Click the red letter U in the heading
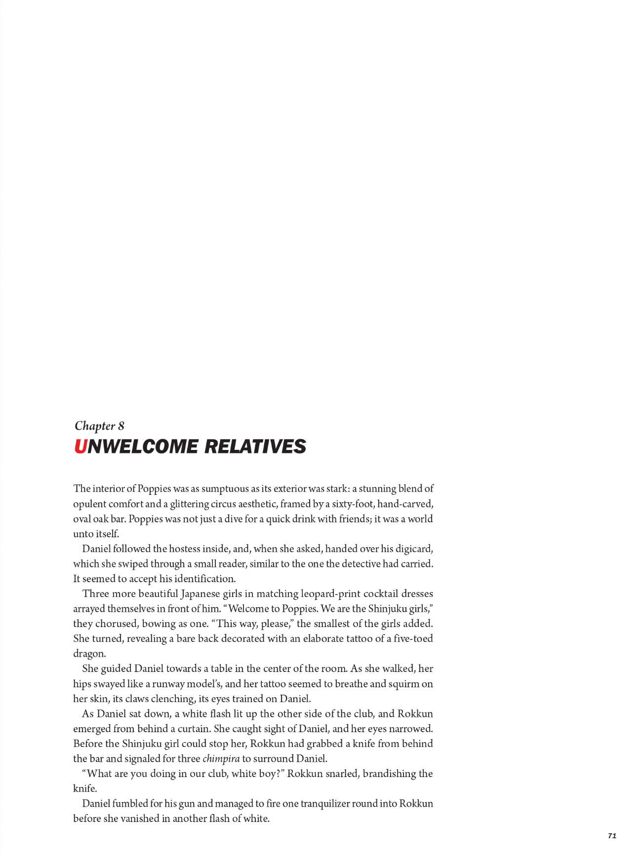(x=80, y=446)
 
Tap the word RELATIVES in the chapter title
(x=255, y=446)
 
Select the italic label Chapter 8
(x=99, y=426)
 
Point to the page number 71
(x=612, y=835)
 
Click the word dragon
(x=89, y=654)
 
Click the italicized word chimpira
(x=221, y=759)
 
